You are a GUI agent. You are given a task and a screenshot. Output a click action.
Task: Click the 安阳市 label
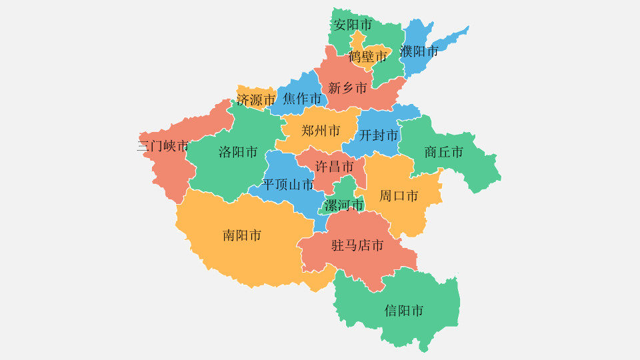[353, 25]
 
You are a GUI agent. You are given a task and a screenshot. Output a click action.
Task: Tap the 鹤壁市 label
[367, 57]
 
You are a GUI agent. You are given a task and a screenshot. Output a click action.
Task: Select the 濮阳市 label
[419, 51]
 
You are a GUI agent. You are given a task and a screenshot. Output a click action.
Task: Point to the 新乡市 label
[347, 88]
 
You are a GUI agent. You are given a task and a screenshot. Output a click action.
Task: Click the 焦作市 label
[302, 99]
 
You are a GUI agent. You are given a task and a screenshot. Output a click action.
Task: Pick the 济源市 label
[256, 101]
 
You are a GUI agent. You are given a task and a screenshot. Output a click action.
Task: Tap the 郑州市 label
[321, 131]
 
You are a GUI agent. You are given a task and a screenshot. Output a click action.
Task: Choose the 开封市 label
[379, 135]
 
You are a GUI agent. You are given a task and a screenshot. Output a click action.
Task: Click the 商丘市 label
[443, 152]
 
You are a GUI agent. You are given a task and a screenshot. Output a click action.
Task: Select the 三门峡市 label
[163, 147]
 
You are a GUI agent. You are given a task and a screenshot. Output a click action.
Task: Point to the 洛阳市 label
[238, 152]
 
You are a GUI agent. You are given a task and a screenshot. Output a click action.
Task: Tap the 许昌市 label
[334, 167]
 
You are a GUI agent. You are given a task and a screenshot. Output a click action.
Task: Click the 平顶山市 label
[288, 185]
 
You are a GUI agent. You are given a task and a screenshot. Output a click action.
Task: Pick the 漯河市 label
[344, 205]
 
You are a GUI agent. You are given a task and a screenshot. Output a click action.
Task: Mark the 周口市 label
[399, 196]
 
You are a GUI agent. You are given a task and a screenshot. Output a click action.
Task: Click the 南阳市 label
[242, 235]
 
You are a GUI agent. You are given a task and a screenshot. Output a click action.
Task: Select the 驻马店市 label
[358, 246]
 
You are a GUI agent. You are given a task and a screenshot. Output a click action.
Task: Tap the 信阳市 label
[404, 311]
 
